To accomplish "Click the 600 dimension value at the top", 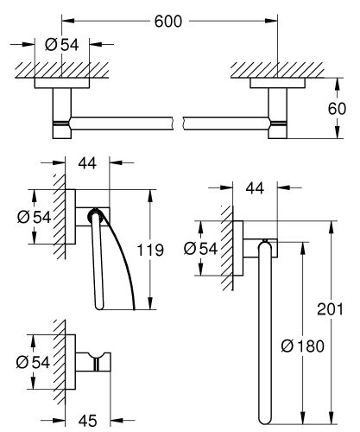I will coord(169,23).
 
